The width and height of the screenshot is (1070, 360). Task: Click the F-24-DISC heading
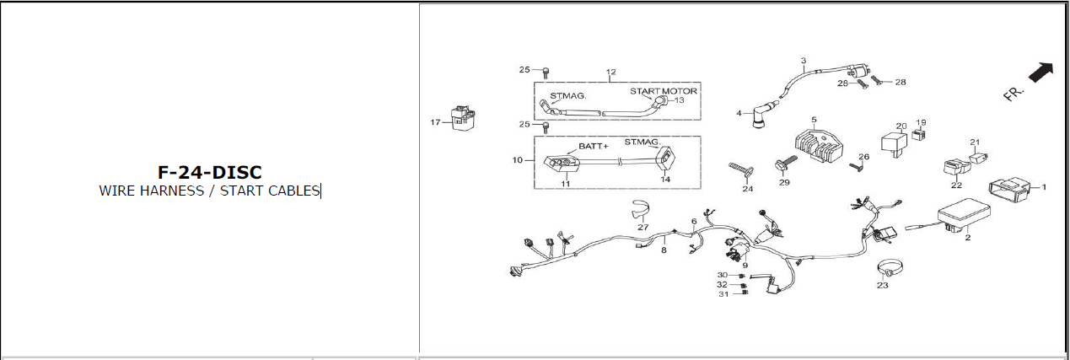tap(209, 172)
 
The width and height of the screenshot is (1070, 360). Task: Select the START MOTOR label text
tap(664, 90)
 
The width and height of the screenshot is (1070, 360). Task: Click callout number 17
tap(435, 123)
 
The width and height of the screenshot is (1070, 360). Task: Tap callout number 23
tap(883, 285)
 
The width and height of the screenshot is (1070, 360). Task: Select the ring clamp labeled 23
tap(885, 269)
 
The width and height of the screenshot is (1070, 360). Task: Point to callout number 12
tap(611, 72)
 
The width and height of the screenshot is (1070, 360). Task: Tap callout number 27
tap(643, 227)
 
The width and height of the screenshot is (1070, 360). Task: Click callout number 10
tap(519, 159)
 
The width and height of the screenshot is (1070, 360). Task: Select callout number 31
tap(723, 294)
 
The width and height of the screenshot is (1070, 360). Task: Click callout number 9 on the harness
tap(745, 266)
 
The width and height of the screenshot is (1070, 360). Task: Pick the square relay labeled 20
tap(895, 142)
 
